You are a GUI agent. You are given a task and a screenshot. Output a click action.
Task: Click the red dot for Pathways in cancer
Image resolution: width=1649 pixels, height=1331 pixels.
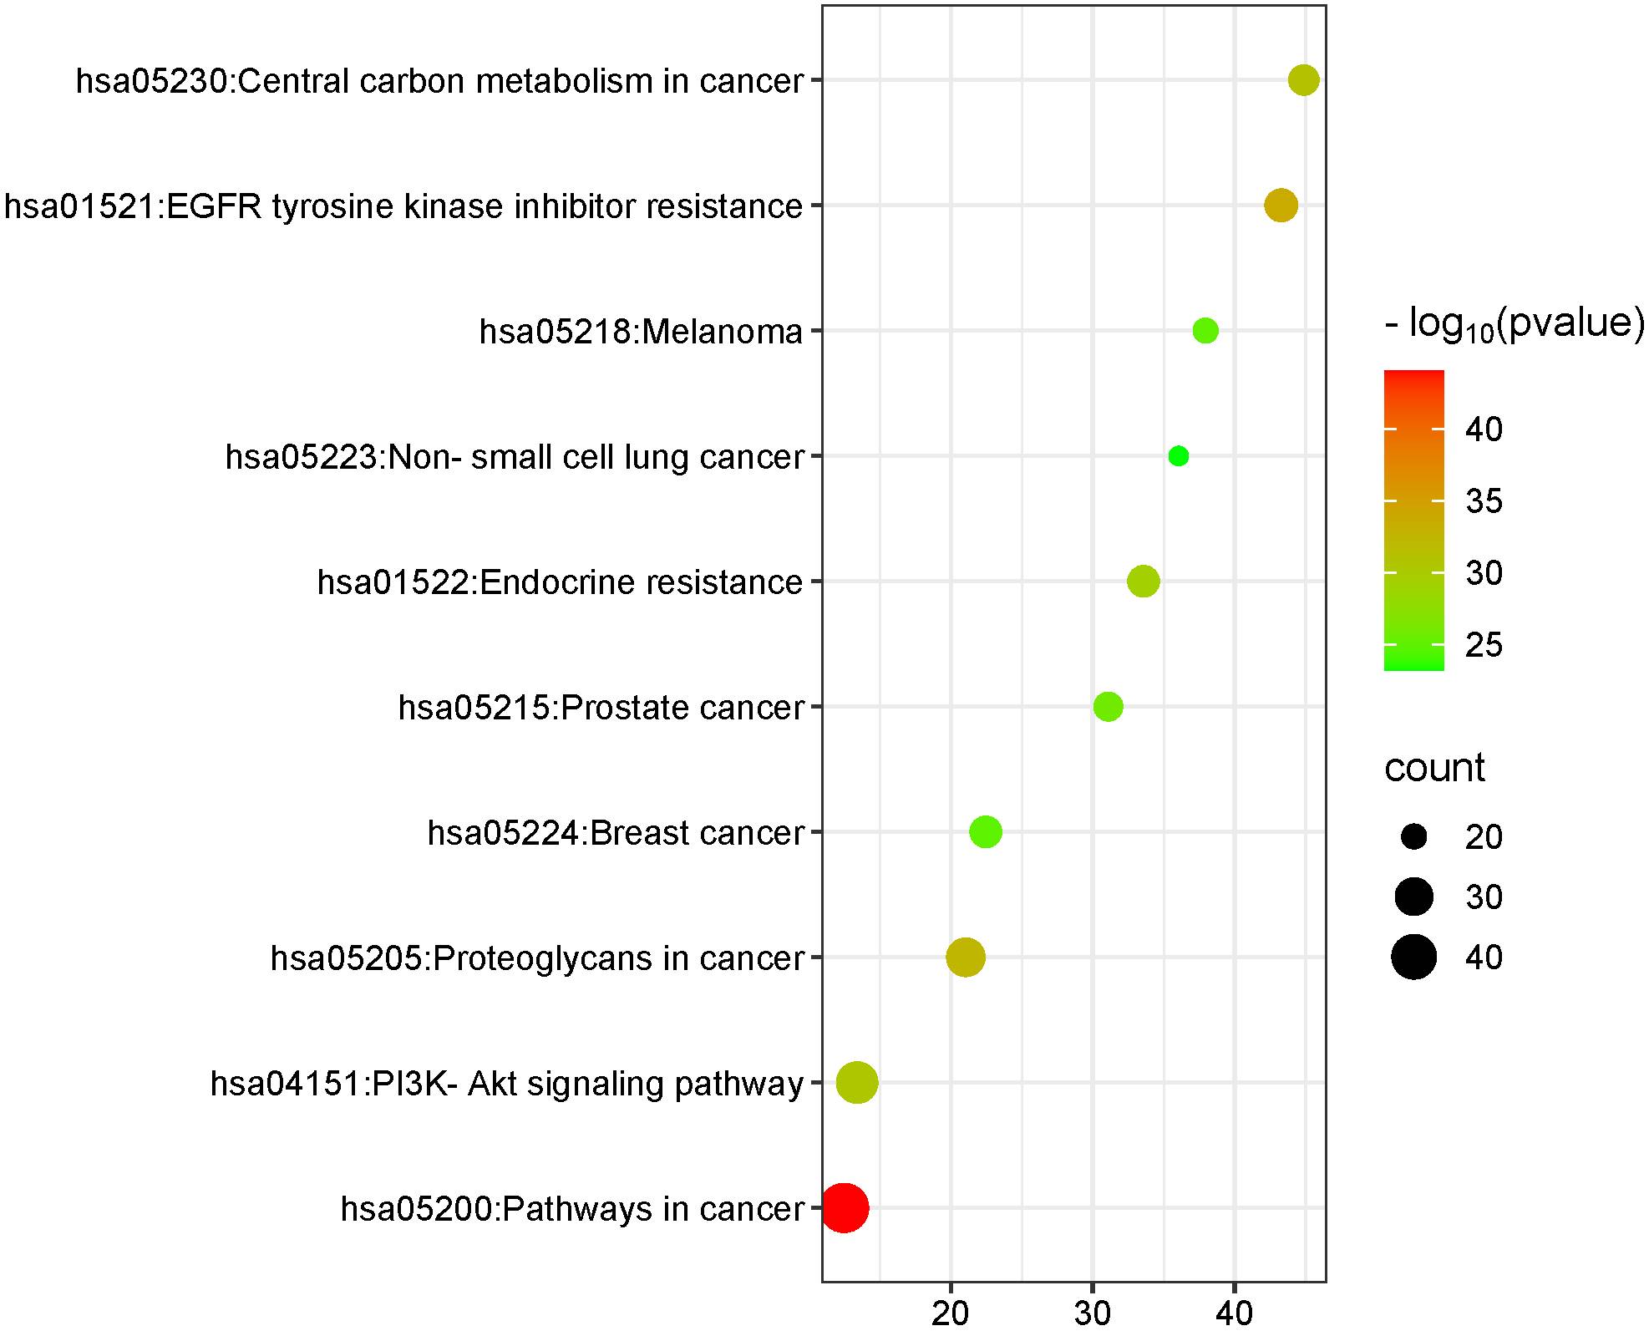845,1207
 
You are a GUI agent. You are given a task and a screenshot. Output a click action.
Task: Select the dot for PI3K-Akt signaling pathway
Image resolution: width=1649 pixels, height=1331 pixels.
857,1083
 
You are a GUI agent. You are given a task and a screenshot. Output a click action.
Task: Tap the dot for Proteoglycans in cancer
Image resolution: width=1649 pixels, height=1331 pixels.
965,958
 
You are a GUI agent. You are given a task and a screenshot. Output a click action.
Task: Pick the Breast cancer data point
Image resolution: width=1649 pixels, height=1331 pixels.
986,832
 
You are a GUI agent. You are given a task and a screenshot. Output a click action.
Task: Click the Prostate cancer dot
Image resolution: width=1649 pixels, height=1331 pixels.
1108,707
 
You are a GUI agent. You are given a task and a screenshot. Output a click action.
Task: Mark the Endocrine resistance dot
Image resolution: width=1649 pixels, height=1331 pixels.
1144,582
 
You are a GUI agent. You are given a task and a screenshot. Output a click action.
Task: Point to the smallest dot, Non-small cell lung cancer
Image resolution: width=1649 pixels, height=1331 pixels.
1179,456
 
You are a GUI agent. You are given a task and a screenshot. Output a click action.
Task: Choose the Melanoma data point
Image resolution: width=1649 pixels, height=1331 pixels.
1205,331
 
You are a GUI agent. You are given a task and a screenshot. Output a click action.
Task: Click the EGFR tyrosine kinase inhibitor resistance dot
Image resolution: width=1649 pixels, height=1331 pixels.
1281,206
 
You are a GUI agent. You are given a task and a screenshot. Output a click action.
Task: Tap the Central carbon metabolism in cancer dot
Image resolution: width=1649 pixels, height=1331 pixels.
1303,80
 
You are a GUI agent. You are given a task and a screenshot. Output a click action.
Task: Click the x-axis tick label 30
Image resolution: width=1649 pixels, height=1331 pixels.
1092,1313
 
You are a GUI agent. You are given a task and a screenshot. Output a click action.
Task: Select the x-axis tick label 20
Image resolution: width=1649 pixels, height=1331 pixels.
950,1313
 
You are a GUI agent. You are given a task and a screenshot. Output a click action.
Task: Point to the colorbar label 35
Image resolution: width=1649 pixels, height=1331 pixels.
1484,501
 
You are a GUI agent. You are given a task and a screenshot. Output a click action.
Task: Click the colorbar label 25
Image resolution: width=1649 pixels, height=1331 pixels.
1484,645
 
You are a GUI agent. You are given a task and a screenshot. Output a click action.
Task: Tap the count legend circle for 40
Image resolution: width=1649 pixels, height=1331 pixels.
1413,957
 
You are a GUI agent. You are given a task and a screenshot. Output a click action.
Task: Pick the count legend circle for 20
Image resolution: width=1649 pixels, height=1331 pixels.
1413,836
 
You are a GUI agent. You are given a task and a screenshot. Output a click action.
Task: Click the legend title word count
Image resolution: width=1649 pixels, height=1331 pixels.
1434,768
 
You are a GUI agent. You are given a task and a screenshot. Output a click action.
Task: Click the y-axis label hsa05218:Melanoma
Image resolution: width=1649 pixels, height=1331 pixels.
641,332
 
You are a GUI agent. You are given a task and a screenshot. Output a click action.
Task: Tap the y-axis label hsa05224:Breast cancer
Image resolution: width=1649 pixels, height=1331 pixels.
616,833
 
